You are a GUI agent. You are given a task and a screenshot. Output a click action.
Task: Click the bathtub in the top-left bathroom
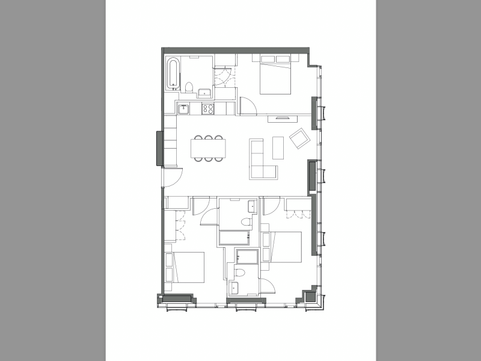pos(173,74)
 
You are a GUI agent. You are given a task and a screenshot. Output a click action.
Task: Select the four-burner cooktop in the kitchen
pos(208,109)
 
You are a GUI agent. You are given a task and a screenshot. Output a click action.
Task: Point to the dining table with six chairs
pos(208,148)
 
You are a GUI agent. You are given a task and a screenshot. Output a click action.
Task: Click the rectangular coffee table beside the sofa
pos(277,147)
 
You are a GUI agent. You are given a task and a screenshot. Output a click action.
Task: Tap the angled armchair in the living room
pos(299,140)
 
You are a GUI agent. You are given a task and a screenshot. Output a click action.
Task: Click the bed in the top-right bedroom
pos(275,76)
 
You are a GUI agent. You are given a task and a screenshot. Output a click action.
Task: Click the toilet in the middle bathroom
pos(245,223)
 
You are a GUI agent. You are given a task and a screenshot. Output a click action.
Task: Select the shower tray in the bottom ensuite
pos(247,257)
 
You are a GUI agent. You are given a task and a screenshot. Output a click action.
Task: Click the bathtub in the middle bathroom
pos(237,237)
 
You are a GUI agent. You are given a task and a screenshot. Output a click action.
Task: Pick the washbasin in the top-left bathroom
pos(204,93)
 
